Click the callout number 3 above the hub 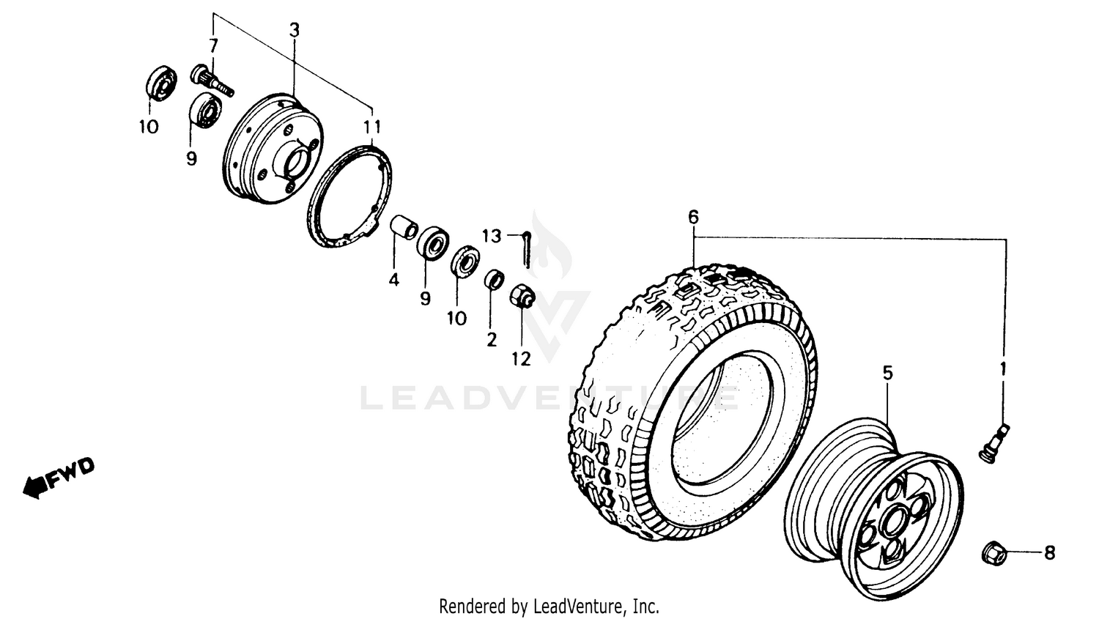tap(294, 31)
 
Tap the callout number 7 tap(213, 45)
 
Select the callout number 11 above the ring tap(374, 125)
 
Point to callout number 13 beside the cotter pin tap(492, 236)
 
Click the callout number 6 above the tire tap(693, 217)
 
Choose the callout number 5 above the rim tap(887, 373)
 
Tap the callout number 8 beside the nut tap(1049, 553)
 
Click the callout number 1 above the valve tap(1003, 368)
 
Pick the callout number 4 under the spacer tap(394, 279)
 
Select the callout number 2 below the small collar tap(492, 339)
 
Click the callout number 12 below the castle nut tap(522, 358)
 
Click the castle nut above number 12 tap(522, 297)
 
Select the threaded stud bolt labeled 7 tap(212, 81)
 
